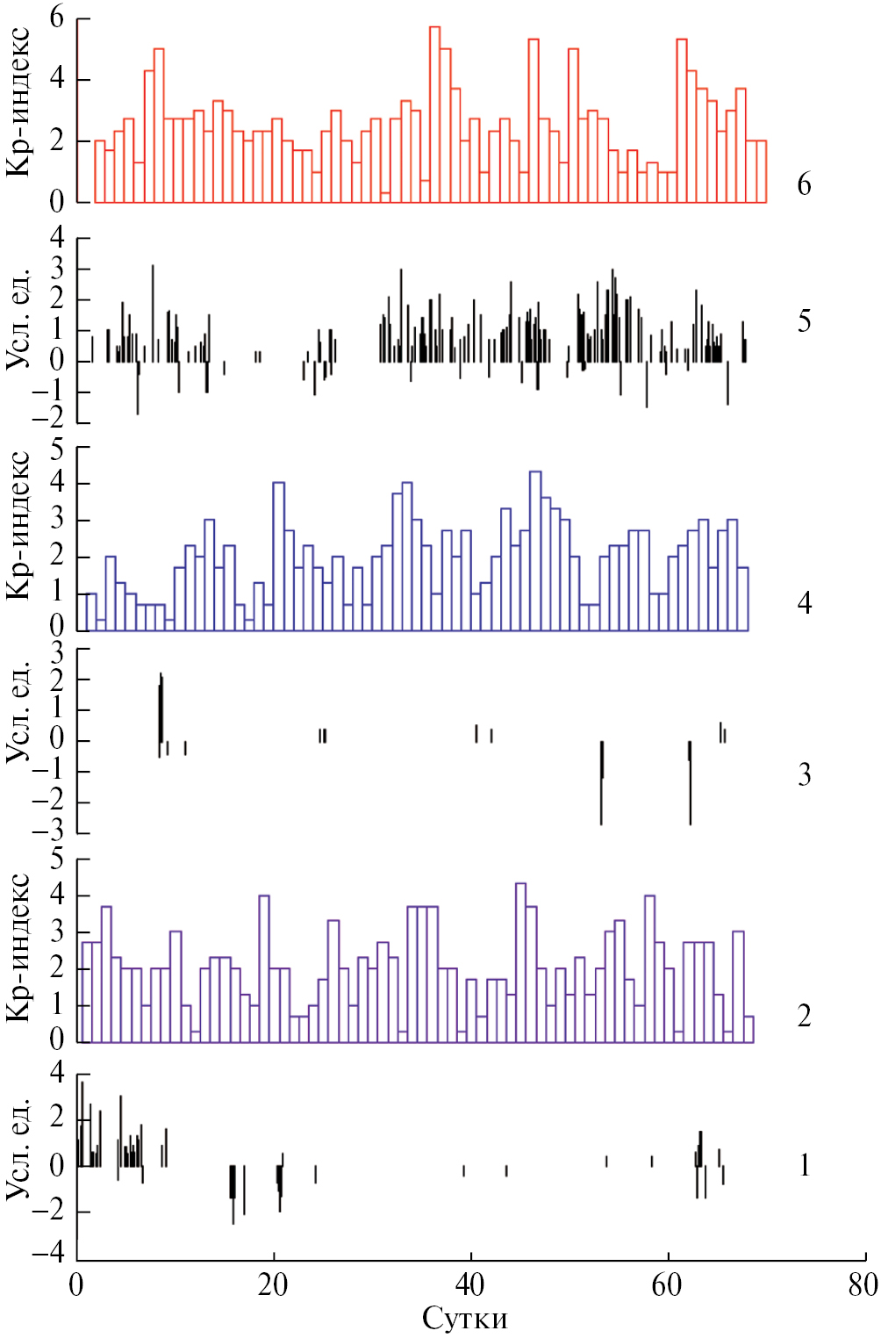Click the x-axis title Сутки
pos(465,1318)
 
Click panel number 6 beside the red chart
pos(804,184)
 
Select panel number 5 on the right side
pos(804,321)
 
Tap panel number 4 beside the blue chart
pos(804,602)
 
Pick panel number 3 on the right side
pos(804,774)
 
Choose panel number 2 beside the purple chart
pos(804,1016)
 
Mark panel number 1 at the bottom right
pos(804,1165)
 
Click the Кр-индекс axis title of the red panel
pos(19,102)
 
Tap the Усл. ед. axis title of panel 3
pos(19,709)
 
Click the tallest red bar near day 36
pos(434,114)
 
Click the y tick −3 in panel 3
pos(53,834)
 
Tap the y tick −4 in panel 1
pos(53,1254)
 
